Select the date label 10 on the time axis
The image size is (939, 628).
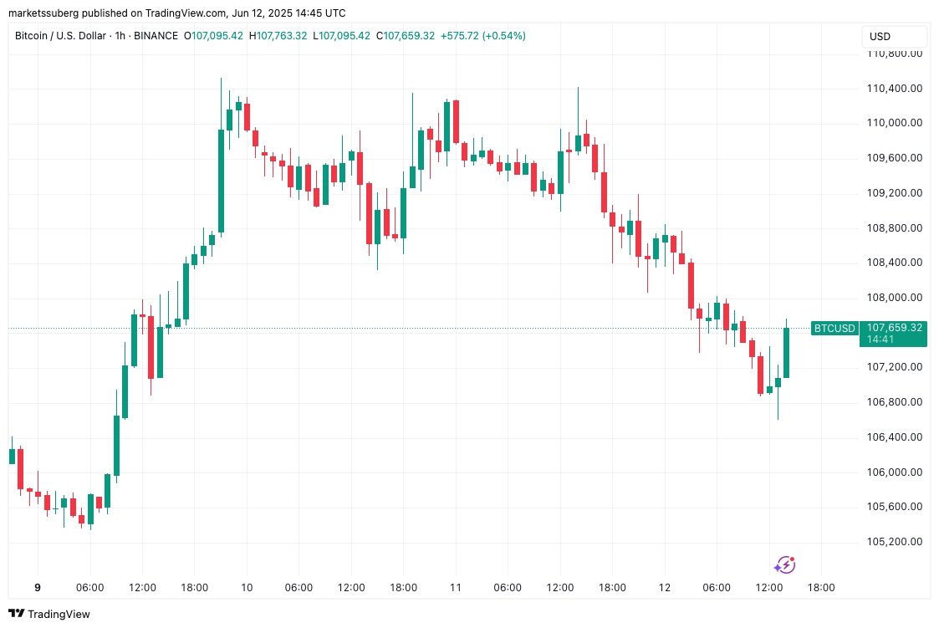coord(246,588)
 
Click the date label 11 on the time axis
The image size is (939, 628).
coord(456,588)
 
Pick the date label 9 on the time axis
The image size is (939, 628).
coord(37,588)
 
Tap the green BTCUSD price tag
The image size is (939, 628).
coord(834,328)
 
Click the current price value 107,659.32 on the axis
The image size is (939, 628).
coord(895,327)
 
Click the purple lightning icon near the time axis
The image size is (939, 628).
coord(784,565)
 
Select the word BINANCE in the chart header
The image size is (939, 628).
coord(156,36)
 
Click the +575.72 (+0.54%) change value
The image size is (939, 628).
coord(484,36)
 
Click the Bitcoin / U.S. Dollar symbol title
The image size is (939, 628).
coord(62,36)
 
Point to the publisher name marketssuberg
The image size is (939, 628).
coord(41,13)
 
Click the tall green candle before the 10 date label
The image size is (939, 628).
coord(221,180)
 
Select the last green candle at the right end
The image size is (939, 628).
coord(786,352)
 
